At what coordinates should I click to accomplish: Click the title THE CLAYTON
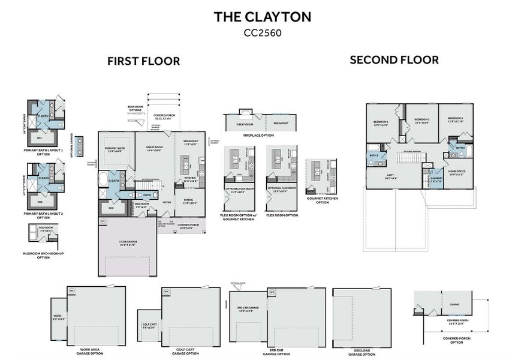tap(262, 17)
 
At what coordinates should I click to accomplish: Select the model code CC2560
tap(262, 33)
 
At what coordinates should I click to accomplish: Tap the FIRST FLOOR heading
tap(143, 61)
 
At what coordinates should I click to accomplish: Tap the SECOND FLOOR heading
tap(394, 59)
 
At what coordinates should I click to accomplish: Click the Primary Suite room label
tap(114, 149)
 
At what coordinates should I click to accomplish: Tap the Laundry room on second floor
tap(436, 178)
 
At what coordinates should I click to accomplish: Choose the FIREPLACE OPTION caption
tap(258, 136)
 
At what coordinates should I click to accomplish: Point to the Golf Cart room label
tap(149, 325)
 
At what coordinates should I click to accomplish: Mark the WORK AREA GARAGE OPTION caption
tap(88, 353)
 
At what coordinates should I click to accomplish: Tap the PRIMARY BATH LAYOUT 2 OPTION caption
tap(43, 215)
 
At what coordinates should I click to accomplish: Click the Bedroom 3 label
tap(423, 121)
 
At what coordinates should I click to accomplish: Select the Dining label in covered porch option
tap(454, 304)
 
